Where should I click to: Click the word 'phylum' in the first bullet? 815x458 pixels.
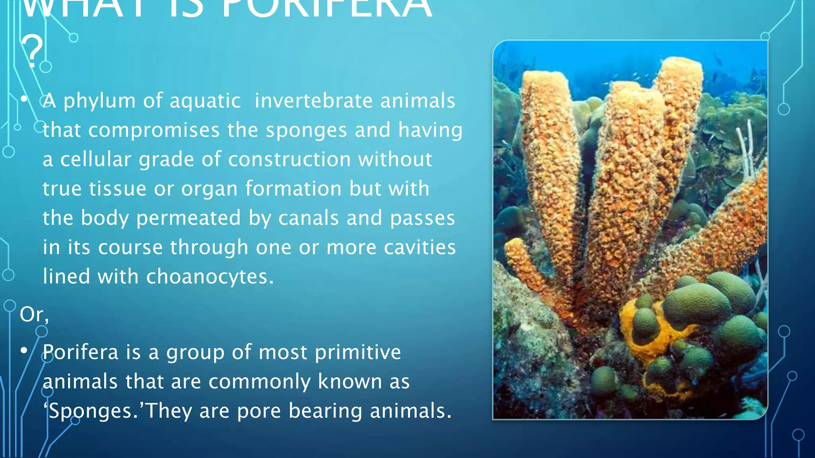(x=99, y=101)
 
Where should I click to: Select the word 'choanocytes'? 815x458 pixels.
(x=210, y=277)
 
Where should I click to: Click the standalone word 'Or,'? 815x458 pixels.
(x=34, y=314)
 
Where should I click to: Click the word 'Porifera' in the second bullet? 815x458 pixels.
(x=80, y=352)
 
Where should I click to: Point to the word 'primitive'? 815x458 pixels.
(x=358, y=353)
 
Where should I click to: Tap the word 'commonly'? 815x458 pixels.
(x=259, y=382)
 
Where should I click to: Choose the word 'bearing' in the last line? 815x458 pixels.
(x=325, y=411)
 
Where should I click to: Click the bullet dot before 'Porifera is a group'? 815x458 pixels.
(x=24, y=351)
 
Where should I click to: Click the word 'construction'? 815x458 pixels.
(x=290, y=159)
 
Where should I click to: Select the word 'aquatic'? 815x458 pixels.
(x=205, y=101)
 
